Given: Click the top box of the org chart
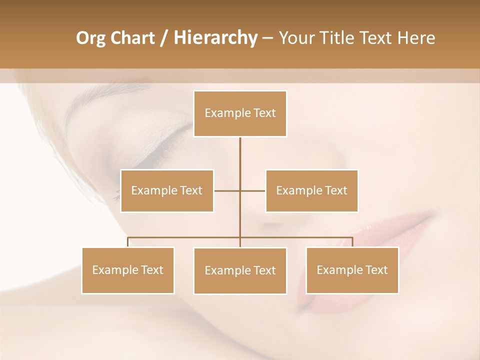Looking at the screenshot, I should pos(240,113).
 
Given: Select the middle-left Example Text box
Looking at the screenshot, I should pos(167,190).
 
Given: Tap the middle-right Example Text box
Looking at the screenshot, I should pos(311,190).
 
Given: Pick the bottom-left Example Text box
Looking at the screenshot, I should pos(128,270).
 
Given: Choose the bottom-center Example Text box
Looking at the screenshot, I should pos(240,270).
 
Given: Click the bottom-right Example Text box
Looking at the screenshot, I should pos(352,270).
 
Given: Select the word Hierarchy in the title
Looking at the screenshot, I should pos(215,38).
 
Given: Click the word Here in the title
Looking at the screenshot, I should pos(415,38).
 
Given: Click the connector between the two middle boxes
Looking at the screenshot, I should pos(239,190).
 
